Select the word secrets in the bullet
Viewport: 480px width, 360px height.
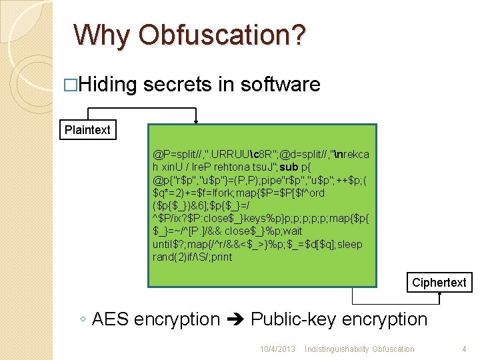pyautogui.click(x=177, y=85)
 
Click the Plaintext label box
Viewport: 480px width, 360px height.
pyautogui.click(x=87, y=130)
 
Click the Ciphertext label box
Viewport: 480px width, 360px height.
pyautogui.click(x=439, y=283)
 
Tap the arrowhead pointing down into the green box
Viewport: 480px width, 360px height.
pyautogui.click(x=196, y=121)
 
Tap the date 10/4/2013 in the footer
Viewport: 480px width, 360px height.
pyautogui.click(x=277, y=349)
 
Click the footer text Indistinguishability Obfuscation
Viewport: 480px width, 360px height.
pyautogui.click(x=359, y=349)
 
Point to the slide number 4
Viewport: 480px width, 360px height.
pyautogui.click(x=463, y=349)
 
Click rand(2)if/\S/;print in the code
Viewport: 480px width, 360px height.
pyautogui.click(x=193, y=257)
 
